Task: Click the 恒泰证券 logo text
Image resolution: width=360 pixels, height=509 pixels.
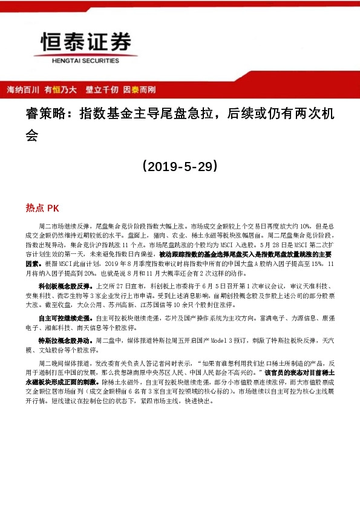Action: [x=85, y=41]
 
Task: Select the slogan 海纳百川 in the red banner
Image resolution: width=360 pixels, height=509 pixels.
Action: [x=22, y=89]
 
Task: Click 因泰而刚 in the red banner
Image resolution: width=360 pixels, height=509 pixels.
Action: [x=140, y=89]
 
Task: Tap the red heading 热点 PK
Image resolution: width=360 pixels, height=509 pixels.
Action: [x=42, y=207]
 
